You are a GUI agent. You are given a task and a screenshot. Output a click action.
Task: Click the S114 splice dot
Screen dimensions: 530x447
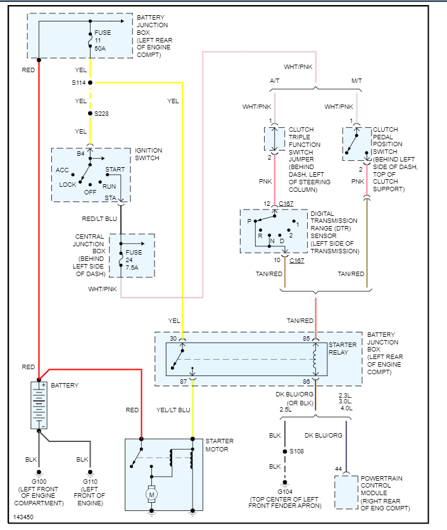click(x=90, y=82)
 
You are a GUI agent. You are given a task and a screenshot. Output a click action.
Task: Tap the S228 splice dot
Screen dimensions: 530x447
click(x=90, y=113)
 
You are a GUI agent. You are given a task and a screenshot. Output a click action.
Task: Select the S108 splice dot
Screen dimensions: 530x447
click(x=284, y=451)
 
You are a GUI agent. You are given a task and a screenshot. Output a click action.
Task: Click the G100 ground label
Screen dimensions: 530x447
click(x=39, y=482)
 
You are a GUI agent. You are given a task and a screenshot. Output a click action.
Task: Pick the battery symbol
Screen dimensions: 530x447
click(x=39, y=405)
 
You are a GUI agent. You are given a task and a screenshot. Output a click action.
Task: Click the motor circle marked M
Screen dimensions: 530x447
click(x=151, y=492)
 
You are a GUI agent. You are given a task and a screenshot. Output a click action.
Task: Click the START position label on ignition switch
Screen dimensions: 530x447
click(x=115, y=169)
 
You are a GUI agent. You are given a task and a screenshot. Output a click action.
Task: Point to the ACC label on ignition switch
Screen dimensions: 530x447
click(x=62, y=170)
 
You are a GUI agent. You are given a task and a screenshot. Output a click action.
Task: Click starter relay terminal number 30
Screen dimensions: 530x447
click(x=173, y=338)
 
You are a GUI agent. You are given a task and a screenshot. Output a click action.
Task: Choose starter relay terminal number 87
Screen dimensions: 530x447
click(x=183, y=381)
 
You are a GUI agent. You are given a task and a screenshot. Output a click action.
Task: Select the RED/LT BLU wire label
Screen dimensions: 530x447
click(x=100, y=218)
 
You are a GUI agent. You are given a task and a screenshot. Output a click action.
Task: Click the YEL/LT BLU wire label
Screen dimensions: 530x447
click(x=173, y=410)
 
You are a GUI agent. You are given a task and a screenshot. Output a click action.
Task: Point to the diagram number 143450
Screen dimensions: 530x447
click(x=23, y=517)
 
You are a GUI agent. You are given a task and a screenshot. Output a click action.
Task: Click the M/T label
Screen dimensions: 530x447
click(x=356, y=81)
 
